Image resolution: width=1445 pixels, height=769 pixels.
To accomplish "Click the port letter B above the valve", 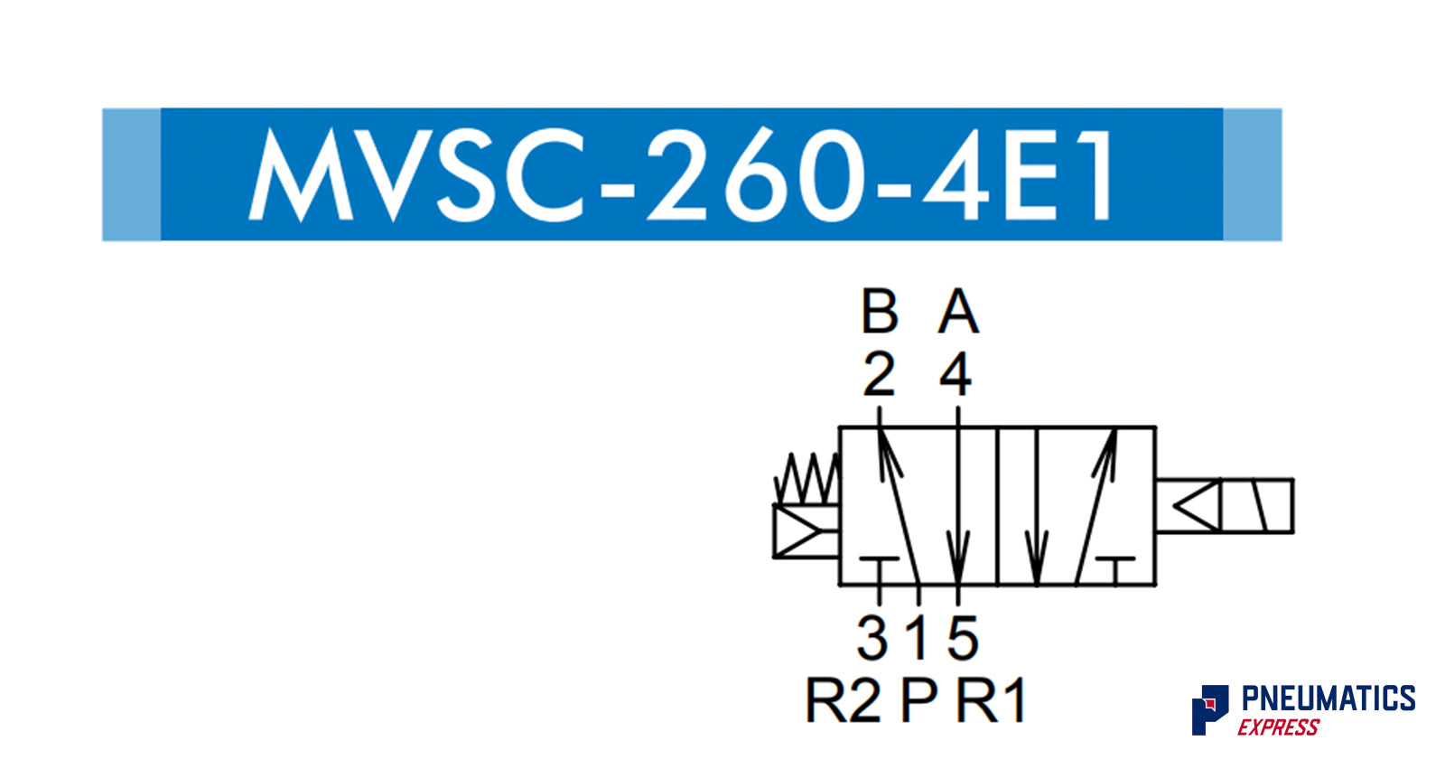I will [x=880, y=312].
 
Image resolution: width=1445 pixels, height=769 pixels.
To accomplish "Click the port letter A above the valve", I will [x=958, y=312].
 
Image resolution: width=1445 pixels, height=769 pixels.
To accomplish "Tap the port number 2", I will [x=879, y=373].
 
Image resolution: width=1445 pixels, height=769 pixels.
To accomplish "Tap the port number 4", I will [x=956, y=373].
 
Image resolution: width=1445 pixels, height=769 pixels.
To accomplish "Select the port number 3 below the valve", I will [x=872, y=638].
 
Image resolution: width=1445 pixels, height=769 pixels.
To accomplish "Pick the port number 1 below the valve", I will [x=918, y=638].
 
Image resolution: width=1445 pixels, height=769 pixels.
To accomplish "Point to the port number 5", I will [x=963, y=638].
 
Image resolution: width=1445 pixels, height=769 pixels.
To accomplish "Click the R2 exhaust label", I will [x=842, y=700].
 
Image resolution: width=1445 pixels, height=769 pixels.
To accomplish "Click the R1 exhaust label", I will [x=992, y=700].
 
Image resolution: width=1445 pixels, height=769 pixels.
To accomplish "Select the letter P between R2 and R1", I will [x=919, y=700].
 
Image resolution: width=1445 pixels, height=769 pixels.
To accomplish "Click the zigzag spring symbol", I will [x=807, y=479].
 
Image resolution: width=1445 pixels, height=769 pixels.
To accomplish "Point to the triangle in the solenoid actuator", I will [x=1197, y=506].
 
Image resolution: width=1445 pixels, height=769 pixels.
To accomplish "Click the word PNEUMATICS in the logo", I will [x=1328, y=699].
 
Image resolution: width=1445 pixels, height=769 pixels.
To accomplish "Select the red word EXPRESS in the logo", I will [x=1278, y=727].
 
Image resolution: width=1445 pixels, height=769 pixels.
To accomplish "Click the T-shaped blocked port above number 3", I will [x=879, y=564].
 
